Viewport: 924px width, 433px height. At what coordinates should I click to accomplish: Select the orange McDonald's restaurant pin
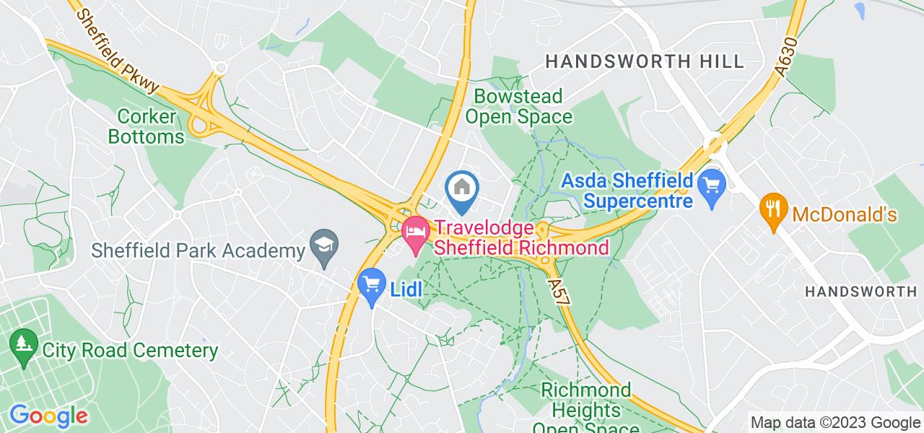tap(773, 209)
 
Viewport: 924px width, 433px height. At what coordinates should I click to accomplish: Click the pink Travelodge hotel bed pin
tap(415, 232)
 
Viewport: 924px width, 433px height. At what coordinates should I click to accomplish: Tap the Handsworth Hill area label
tap(645, 61)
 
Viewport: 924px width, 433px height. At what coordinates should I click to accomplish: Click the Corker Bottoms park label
tap(151, 126)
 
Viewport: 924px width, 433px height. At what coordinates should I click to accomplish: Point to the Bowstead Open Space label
tap(518, 106)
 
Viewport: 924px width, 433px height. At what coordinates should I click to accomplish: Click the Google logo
tap(48, 416)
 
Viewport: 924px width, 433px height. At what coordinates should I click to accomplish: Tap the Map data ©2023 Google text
tap(835, 423)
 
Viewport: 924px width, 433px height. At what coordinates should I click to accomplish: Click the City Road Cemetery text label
tap(130, 351)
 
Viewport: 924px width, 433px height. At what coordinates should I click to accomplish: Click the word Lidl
tap(406, 289)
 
